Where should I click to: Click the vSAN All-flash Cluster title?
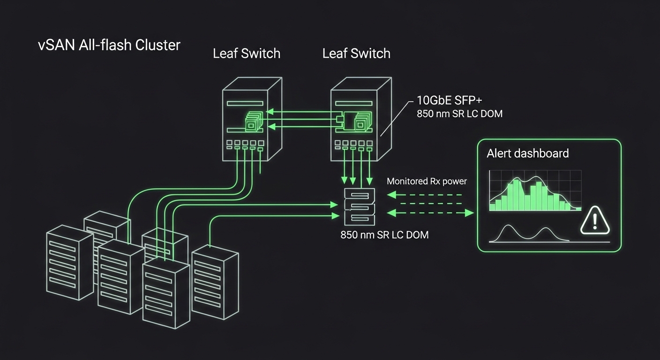click(109, 45)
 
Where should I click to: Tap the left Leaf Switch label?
click(247, 53)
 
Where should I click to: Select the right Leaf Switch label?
click(356, 53)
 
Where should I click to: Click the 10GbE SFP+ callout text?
click(449, 100)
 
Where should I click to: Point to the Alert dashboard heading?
click(527, 153)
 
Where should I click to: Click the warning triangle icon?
click(595, 221)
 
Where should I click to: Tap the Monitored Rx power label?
click(427, 181)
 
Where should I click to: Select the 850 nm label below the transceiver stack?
click(384, 234)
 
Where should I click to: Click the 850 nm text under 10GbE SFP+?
click(459, 113)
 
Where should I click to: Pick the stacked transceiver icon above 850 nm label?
click(360, 207)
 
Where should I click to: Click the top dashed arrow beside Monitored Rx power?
click(427, 194)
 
